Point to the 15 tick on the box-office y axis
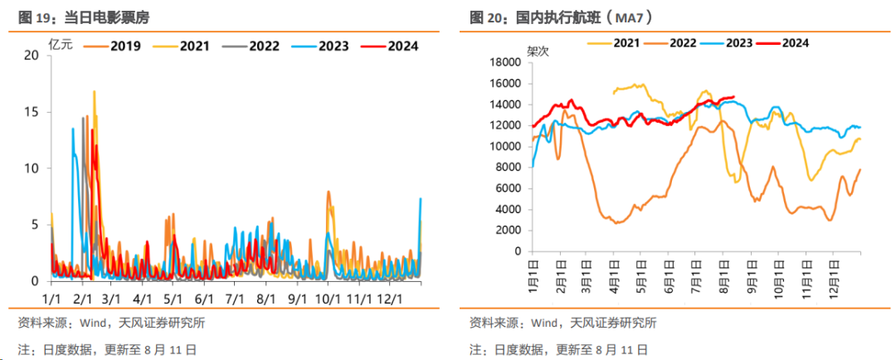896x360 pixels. point(32,112)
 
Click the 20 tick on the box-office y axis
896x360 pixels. point(32,55)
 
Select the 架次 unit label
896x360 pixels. point(538,50)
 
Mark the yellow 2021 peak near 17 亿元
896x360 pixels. point(94,92)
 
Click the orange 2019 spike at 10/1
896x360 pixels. point(329,192)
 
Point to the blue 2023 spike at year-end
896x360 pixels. point(421,198)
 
